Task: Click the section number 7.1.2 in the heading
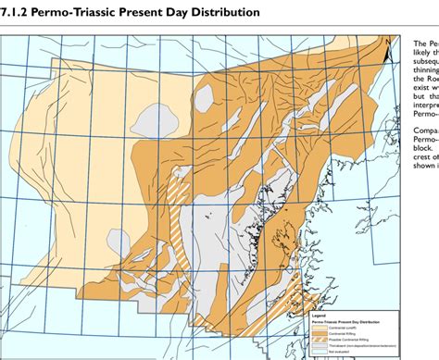[x=16, y=12]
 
